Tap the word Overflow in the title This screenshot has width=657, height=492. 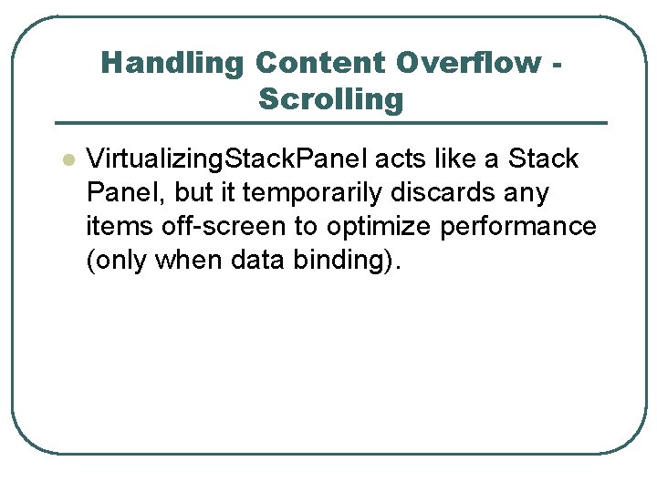pyautogui.click(x=469, y=63)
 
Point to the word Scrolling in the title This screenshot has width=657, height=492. pyautogui.click(x=330, y=98)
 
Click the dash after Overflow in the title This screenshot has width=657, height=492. pyautogui.click(x=557, y=64)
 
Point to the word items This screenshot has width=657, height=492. pyautogui.click(x=111, y=226)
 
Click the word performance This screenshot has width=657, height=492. pyautogui.click(x=517, y=227)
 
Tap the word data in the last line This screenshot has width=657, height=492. pyautogui.click(x=259, y=261)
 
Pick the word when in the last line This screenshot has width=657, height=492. pyautogui.click(x=190, y=261)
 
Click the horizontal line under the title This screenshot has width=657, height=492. pyautogui.click(x=330, y=123)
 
